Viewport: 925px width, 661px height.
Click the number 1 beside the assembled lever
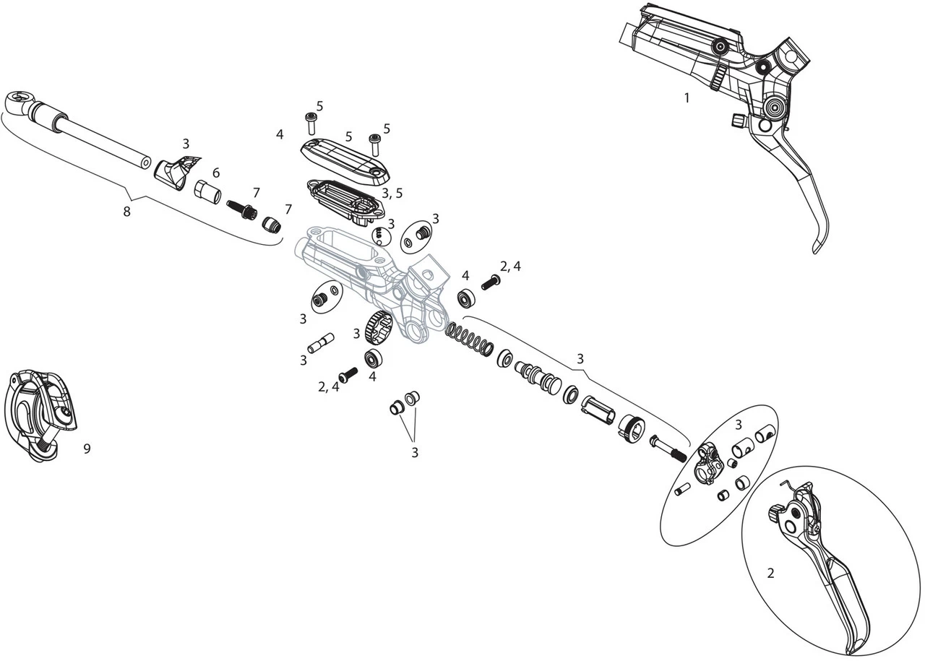pos(687,98)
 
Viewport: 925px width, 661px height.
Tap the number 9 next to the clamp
pos(87,449)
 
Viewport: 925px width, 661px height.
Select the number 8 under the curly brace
pos(127,212)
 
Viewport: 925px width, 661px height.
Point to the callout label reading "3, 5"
pos(392,193)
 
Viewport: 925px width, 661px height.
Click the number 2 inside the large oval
pos(770,573)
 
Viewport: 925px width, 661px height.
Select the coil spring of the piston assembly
pos(470,340)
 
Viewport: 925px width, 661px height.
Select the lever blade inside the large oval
pos(831,578)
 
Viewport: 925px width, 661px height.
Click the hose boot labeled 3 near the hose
pos(175,170)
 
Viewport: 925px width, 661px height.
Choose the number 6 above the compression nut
pos(216,172)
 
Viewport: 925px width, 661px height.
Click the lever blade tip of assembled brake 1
pos(817,247)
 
